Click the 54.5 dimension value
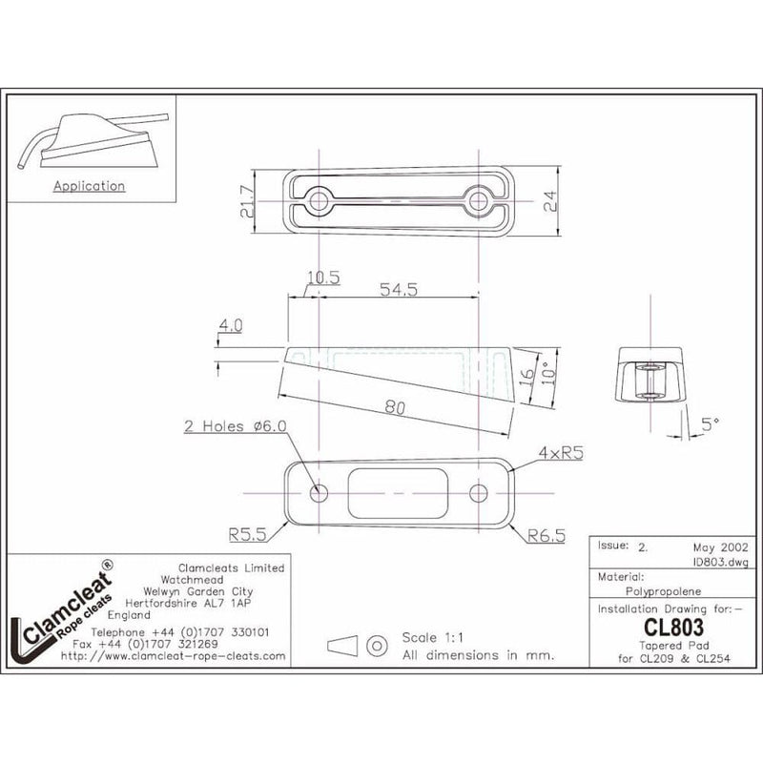click(399, 291)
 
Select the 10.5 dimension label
click(323, 278)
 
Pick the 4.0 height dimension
click(230, 325)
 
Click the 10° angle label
click(546, 371)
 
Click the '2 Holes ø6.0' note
click(234, 426)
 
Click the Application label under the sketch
click(89, 186)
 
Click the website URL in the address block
click(173, 656)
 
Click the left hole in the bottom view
click(318, 492)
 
